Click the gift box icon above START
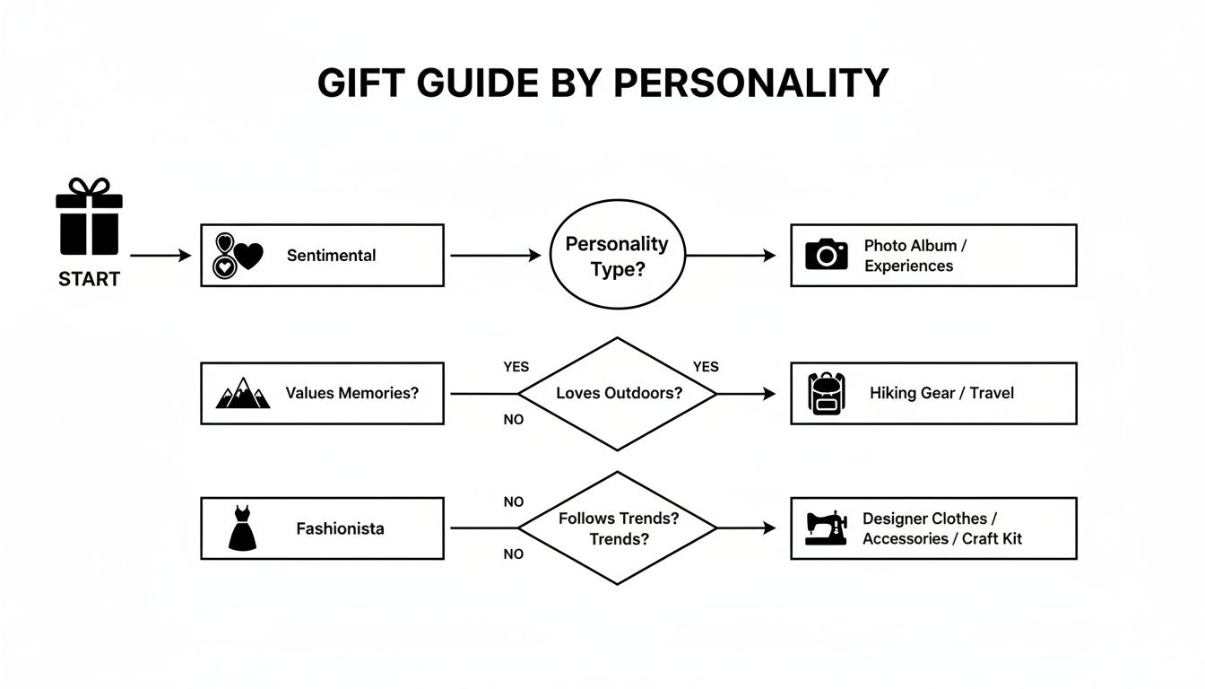coord(89,217)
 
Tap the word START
coord(89,279)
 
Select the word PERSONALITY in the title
coord(750,83)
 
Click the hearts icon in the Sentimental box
coord(238,256)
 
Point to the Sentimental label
coord(331,256)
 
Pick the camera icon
coord(826,255)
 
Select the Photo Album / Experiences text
coord(915,256)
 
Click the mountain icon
coord(242,393)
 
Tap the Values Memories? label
coord(351,393)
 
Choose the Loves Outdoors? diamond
coord(618,393)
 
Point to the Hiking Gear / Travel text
coord(941,393)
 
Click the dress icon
coord(242,528)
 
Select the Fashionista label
coord(340,528)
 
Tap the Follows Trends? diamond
coord(618,528)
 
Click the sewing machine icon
coord(826,528)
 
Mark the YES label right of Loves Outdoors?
coord(706,367)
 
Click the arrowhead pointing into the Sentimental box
coord(186,256)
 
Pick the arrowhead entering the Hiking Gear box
coord(769,393)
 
